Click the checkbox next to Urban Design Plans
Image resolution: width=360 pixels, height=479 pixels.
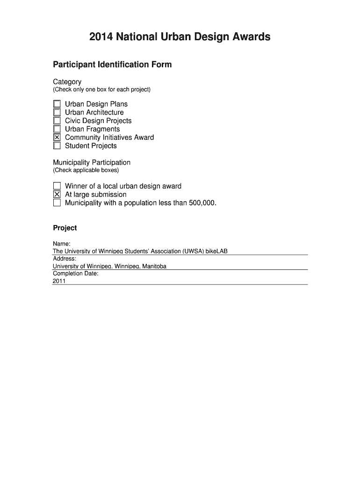pyautogui.click(x=57, y=104)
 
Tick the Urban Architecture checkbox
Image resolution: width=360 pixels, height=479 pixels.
pyautogui.click(x=57, y=112)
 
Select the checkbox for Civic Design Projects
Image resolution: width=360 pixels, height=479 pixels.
pyautogui.click(x=57, y=121)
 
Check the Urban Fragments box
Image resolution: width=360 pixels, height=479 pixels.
pyautogui.click(x=57, y=129)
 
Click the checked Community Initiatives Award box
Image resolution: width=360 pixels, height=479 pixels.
pyautogui.click(x=57, y=138)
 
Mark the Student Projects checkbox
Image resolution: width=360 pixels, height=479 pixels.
pyautogui.click(x=57, y=146)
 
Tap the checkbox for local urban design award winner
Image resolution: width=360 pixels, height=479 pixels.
pyautogui.click(x=57, y=186)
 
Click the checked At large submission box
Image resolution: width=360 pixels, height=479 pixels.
pyautogui.click(x=57, y=195)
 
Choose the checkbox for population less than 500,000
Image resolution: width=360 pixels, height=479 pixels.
pyautogui.click(x=57, y=203)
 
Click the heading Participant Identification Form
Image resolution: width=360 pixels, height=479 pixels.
pyautogui.click(x=112, y=65)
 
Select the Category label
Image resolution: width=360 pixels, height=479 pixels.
pyautogui.click(x=67, y=82)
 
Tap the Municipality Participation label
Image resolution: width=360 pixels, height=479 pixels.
pyautogui.click(x=92, y=162)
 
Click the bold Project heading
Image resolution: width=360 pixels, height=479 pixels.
pyautogui.click(x=65, y=228)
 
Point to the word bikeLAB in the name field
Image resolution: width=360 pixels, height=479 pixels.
pyautogui.click(x=216, y=252)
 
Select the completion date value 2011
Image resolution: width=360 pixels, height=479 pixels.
pyautogui.click(x=59, y=282)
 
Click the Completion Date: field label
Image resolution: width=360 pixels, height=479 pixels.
pyautogui.click(x=76, y=274)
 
